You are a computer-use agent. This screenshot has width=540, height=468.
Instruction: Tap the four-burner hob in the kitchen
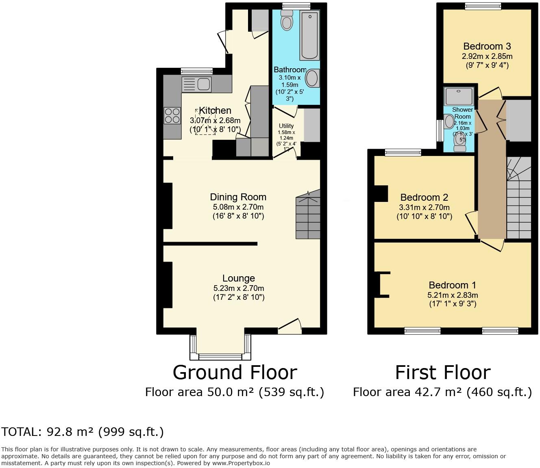point(172,115)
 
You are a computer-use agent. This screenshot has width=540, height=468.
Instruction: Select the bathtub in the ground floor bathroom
point(309,35)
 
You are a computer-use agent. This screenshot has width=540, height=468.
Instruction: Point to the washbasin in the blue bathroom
point(313,78)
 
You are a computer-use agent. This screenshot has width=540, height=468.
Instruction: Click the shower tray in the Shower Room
point(459,96)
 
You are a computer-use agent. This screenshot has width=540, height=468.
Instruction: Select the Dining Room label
point(238,197)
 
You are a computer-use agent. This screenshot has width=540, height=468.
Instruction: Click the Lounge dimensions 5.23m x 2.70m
point(239,288)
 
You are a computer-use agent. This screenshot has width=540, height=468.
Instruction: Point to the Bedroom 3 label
point(487,46)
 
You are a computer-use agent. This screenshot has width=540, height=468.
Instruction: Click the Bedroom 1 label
point(452,285)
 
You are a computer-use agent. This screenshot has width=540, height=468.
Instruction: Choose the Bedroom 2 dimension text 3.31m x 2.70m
point(424,207)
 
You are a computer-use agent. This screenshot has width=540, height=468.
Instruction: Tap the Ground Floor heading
point(235,372)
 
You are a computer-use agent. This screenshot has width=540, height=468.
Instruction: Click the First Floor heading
point(442,372)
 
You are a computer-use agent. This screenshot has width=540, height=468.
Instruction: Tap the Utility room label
point(286,126)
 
